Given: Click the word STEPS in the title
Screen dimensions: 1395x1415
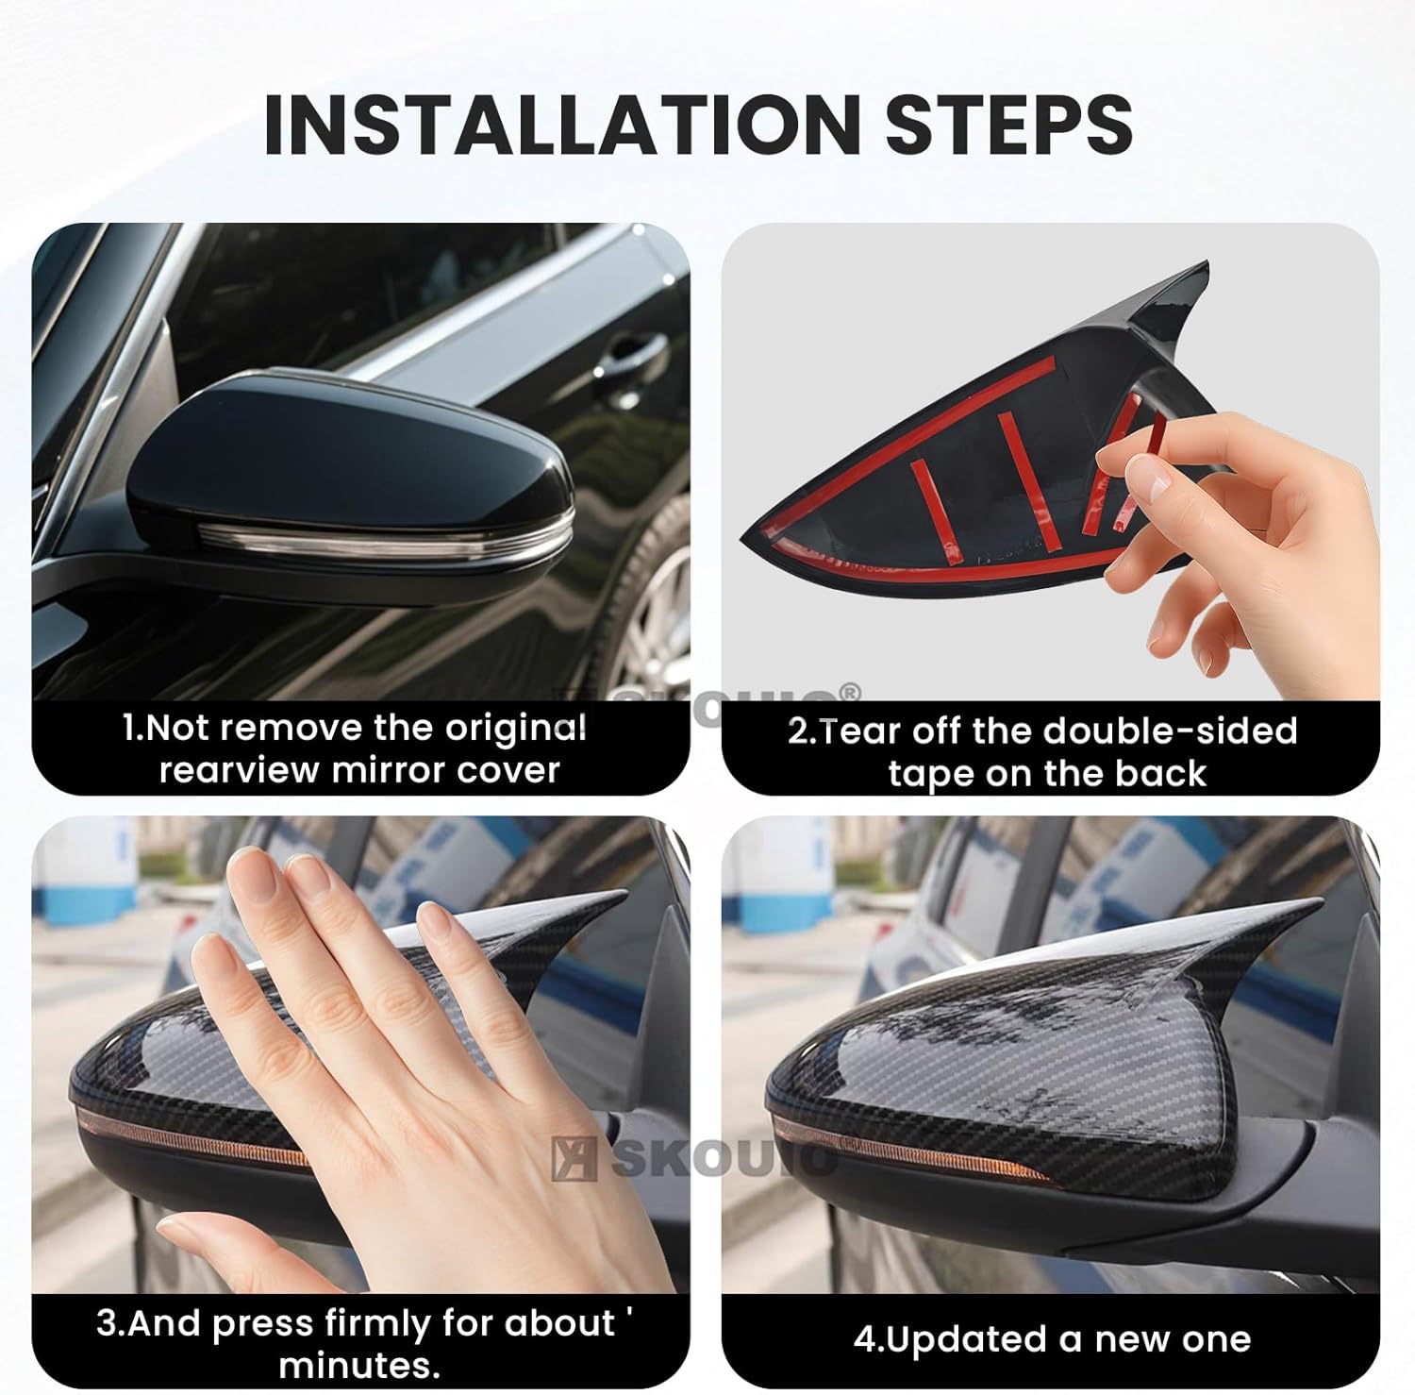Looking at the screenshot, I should click(1009, 125).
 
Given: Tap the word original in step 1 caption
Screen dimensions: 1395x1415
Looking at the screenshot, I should click(516, 728).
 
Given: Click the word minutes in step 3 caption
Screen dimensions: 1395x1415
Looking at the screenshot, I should click(358, 1366).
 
